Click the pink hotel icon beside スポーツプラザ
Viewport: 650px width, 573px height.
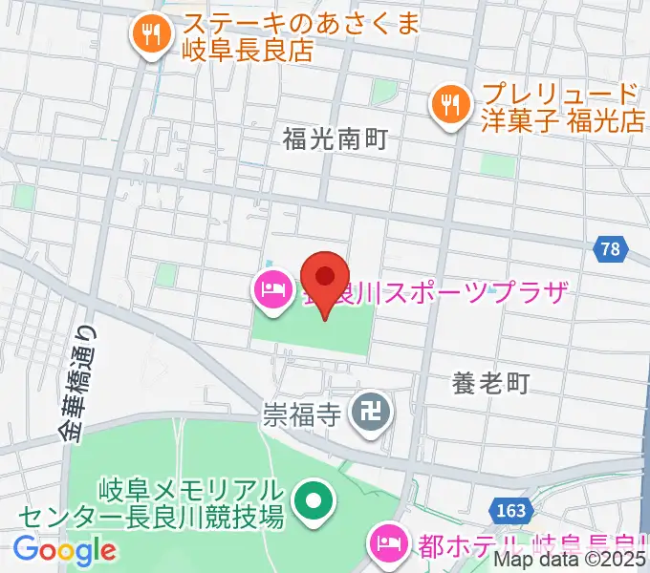(272, 289)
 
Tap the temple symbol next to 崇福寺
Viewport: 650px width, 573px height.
(366, 413)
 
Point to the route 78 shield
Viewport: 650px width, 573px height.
(610, 250)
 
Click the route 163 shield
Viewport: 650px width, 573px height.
(512, 511)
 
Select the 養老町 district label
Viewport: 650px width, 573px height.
(489, 384)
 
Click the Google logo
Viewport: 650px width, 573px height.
(64, 549)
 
